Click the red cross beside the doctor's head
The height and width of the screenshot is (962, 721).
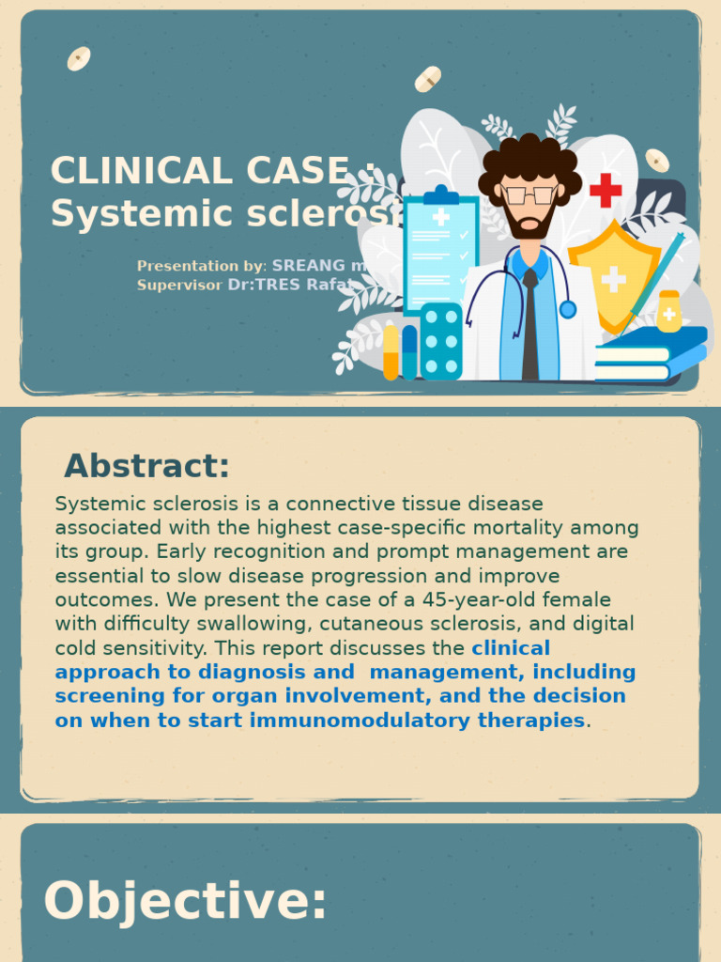pyautogui.click(x=606, y=191)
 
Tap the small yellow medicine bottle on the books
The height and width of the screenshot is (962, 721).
pyautogui.click(x=668, y=312)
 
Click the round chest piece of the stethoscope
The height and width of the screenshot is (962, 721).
pyautogui.click(x=567, y=309)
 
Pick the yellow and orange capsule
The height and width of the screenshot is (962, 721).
pyautogui.click(x=391, y=352)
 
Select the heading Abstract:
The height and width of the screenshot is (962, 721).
pyautogui.click(x=146, y=466)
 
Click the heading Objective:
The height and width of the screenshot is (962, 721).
pyautogui.click(x=185, y=900)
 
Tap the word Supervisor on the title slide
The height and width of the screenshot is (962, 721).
pyautogui.click(x=179, y=285)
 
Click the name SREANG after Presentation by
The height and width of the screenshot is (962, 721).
pyautogui.click(x=309, y=266)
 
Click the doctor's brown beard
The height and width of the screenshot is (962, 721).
pyautogui.click(x=529, y=225)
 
